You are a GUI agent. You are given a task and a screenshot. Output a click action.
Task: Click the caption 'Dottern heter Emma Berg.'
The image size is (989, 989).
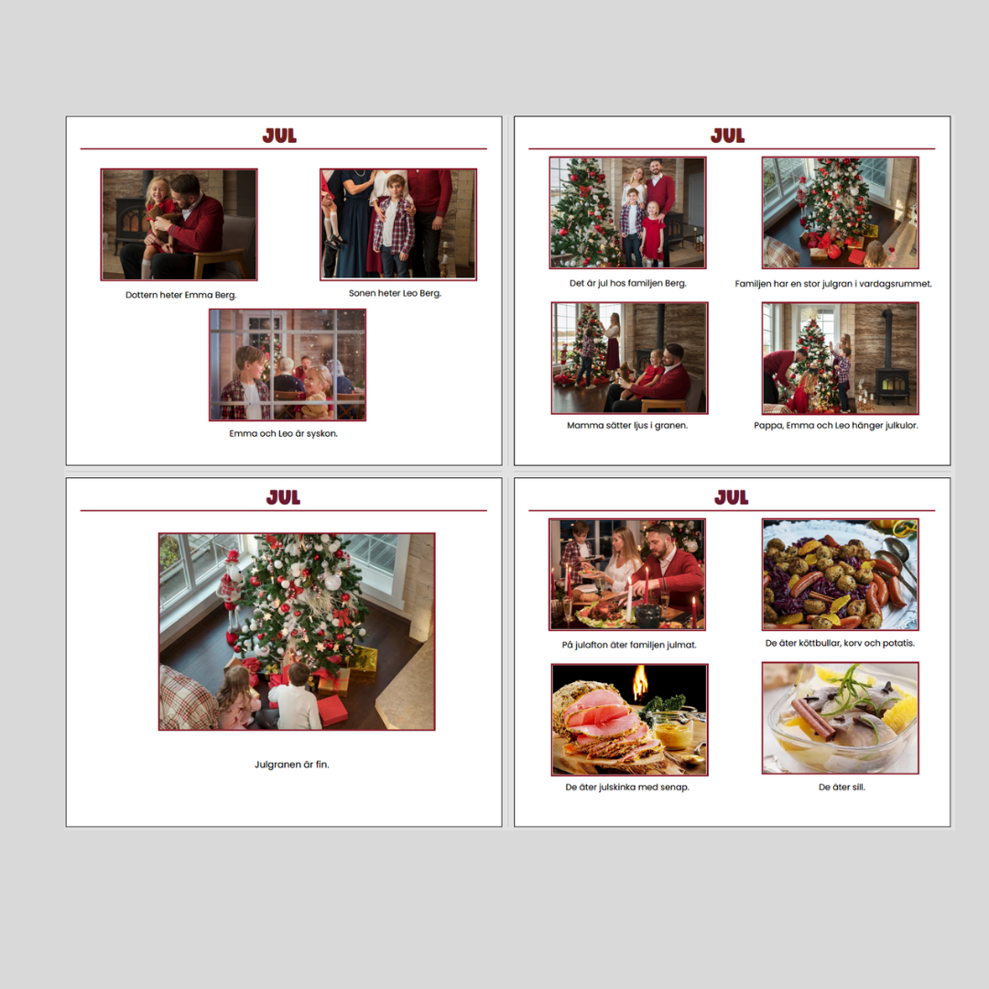pyautogui.click(x=181, y=295)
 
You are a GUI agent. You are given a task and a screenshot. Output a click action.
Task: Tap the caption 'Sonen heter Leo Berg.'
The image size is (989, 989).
pyautogui.click(x=395, y=293)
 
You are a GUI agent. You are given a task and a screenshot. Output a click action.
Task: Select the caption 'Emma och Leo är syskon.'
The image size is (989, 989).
pyautogui.click(x=283, y=433)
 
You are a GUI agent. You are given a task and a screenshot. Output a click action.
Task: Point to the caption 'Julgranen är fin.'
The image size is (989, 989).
pyautogui.click(x=291, y=765)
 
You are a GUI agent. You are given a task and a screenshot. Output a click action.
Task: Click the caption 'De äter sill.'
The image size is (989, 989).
pyautogui.click(x=842, y=788)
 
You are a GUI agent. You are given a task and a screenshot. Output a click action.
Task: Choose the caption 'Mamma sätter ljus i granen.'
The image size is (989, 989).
pyautogui.click(x=627, y=425)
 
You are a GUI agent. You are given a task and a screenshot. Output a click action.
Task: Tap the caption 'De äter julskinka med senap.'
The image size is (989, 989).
pyautogui.click(x=627, y=788)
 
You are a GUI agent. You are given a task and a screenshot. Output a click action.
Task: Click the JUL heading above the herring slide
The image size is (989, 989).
pyautogui.click(x=731, y=497)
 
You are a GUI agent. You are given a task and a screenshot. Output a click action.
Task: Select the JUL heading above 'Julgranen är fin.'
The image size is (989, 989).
pyautogui.click(x=283, y=497)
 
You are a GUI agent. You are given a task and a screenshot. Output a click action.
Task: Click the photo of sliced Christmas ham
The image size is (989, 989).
pyautogui.click(x=629, y=720)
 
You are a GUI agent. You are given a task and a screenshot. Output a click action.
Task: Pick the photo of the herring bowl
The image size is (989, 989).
pyautogui.click(x=840, y=718)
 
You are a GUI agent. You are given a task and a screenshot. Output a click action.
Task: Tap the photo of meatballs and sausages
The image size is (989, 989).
pyautogui.click(x=840, y=574)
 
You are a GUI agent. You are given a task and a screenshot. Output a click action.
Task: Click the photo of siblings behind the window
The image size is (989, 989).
pyautogui.click(x=288, y=364)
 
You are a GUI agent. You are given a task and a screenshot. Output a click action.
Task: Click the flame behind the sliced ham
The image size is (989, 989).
pyautogui.click(x=639, y=682)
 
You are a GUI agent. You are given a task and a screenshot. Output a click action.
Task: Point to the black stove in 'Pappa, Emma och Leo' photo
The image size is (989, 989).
pyautogui.click(x=891, y=372)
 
